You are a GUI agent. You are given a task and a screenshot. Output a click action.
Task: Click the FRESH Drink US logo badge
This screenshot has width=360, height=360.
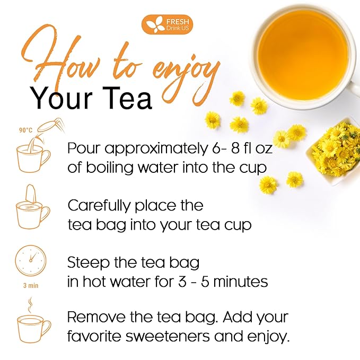167,24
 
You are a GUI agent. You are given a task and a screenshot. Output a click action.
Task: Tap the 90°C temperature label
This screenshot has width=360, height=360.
25,130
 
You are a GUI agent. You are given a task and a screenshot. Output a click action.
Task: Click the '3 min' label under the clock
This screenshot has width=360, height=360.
31,286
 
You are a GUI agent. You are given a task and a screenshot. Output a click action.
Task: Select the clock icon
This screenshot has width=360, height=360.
31,260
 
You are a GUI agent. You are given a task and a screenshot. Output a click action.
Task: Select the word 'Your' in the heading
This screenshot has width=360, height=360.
62,98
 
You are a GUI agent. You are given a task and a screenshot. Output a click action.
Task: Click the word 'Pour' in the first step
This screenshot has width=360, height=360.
84,148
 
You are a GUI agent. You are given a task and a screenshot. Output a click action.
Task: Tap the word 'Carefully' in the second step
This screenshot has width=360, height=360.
99,206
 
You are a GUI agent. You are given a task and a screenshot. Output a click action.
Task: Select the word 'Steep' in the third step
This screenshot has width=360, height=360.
88,263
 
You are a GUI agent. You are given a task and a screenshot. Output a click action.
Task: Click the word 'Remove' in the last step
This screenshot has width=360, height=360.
97,317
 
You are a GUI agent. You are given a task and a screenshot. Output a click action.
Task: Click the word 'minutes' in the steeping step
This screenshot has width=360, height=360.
241,282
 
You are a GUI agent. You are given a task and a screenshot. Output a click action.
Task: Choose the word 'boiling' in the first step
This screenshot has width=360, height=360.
110,168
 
